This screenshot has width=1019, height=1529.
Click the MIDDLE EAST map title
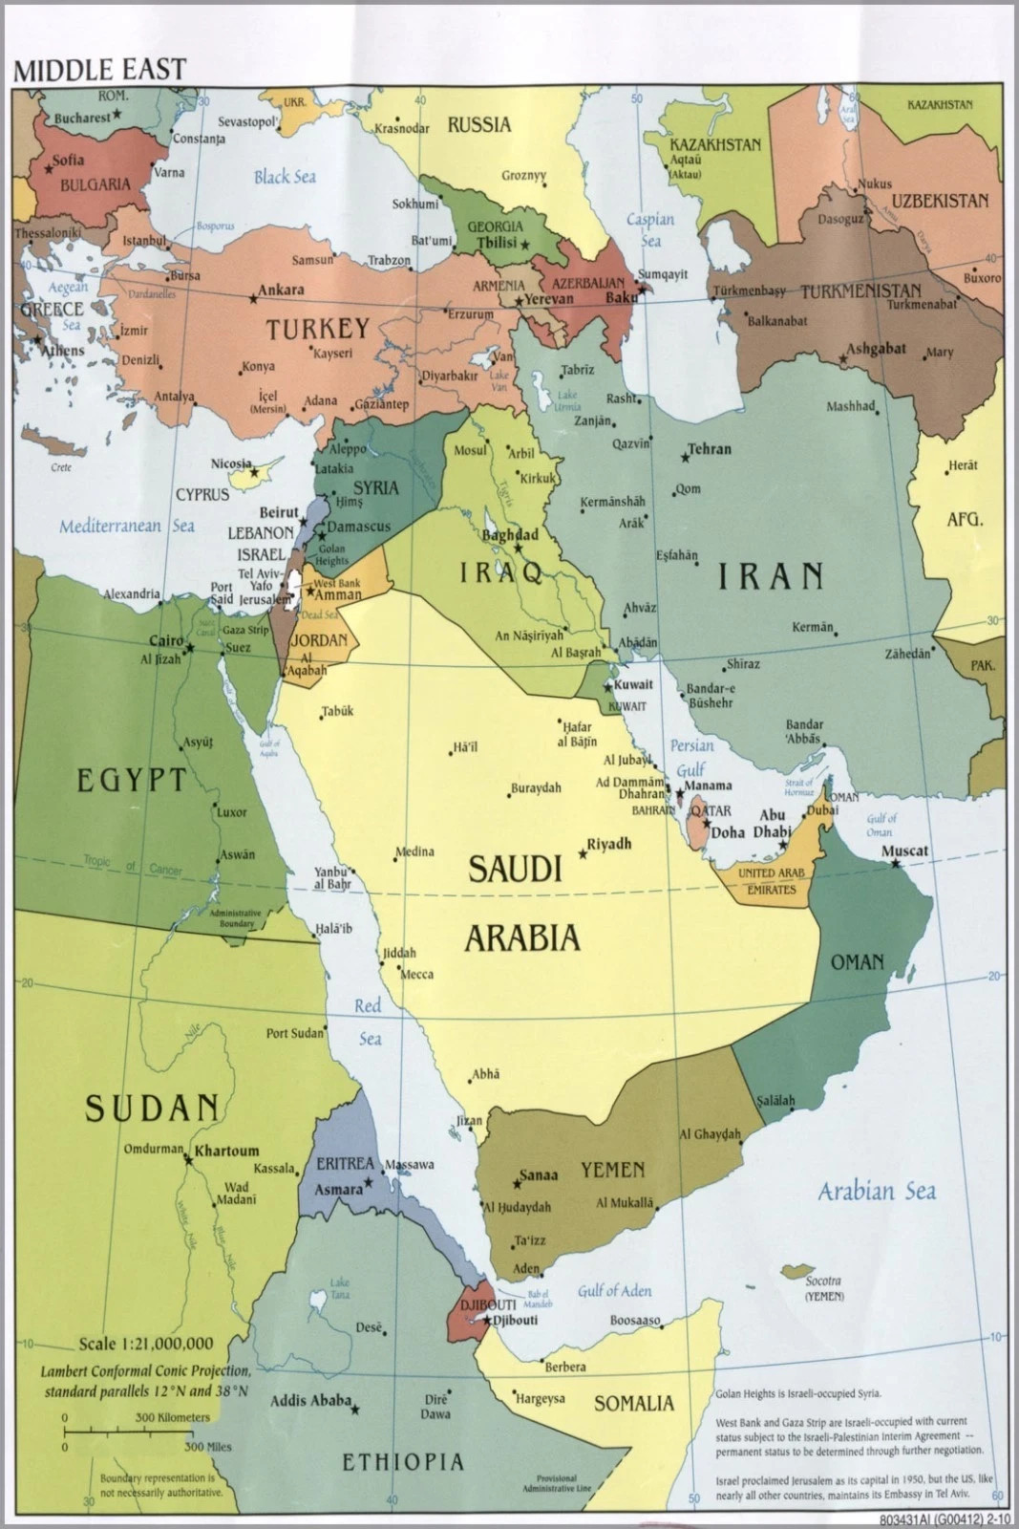[99, 70]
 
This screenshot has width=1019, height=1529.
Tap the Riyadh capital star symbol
[583, 853]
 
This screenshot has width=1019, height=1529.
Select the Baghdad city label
[510, 535]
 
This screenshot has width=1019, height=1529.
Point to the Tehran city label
[710, 448]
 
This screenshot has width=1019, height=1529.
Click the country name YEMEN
[612, 1170]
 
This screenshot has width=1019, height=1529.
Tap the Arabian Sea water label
[877, 1191]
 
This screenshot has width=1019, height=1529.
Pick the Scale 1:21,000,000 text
[146, 1344]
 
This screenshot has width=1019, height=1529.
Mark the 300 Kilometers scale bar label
[172, 1417]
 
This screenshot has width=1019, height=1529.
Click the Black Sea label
[285, 177]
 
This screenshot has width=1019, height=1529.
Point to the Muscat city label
[904, 850]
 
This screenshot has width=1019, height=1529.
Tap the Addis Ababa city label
[310, 1401]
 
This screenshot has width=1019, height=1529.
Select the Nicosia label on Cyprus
[231, 463]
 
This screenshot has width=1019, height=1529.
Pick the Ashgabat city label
[876, 348]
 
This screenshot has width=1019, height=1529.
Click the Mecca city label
[416, 975]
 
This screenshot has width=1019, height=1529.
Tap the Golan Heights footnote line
[798, 1393]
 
